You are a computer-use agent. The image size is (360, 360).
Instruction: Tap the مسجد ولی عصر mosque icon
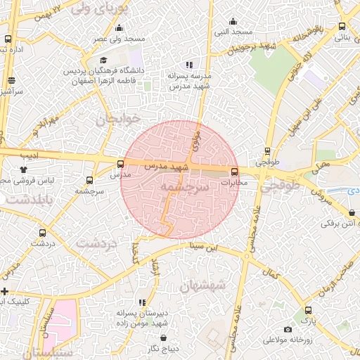pos(118,28)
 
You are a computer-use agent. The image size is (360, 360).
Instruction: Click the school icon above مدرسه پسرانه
pos(188,64)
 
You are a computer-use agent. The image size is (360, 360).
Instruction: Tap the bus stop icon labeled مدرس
pos(120,165)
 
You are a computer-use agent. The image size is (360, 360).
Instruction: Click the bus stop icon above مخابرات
pos(234,171)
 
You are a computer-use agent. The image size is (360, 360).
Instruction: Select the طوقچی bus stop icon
pos(267,151)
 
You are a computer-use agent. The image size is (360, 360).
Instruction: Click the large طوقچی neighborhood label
pos(281,188)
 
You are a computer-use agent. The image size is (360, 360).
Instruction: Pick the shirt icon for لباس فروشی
pos(24,169)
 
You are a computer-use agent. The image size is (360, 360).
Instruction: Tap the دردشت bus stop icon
pos(43,233)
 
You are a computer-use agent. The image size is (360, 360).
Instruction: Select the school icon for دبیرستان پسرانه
pos(143,302)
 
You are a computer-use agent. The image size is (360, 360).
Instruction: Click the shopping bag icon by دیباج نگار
pos(163,338)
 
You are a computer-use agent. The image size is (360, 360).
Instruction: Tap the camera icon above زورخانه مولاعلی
pos(287,329)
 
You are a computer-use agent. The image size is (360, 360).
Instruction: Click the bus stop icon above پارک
pos(307,310)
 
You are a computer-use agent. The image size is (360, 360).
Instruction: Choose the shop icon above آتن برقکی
pos(352,212)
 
